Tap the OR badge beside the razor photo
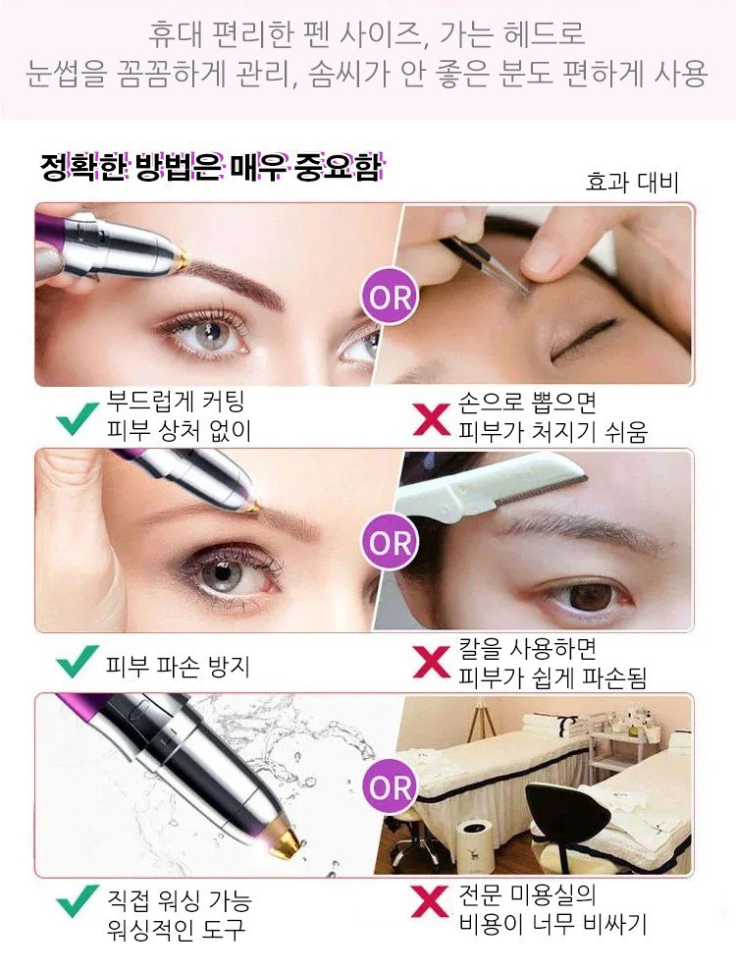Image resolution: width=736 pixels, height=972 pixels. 390,542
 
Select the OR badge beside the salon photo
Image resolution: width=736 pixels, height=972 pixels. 390,787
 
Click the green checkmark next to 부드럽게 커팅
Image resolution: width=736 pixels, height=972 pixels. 78,418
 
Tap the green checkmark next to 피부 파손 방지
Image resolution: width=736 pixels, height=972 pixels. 78,661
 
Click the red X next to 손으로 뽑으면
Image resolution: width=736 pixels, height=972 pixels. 432,419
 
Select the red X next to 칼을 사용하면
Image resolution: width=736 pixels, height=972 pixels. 432,662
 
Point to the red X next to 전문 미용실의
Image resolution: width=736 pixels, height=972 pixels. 430,902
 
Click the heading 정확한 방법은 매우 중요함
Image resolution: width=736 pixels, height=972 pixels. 211,167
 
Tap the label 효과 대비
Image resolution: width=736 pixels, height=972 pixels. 632,183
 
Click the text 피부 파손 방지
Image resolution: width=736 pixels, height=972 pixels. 178,667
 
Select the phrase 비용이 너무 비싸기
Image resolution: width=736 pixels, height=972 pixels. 552,924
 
